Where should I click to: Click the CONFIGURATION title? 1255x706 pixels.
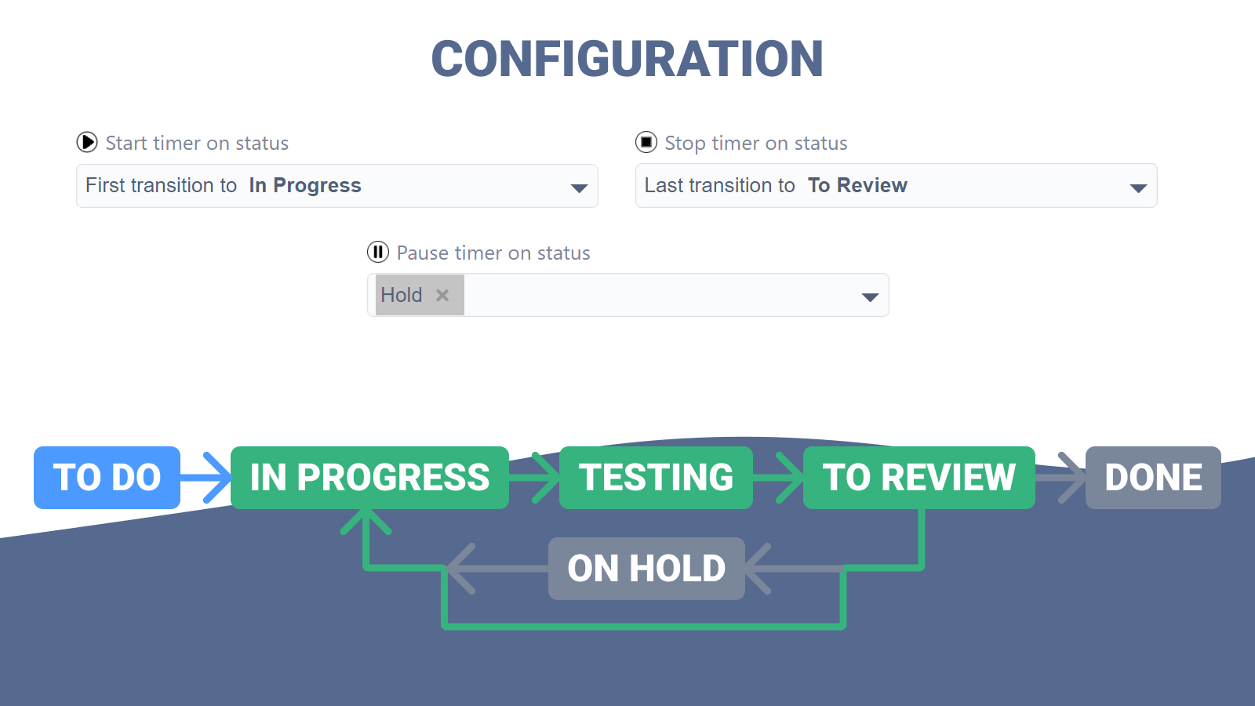627,59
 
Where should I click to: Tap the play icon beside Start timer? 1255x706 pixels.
87,142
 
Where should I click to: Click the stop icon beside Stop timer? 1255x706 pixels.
646,142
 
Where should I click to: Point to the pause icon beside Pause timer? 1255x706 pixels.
377,252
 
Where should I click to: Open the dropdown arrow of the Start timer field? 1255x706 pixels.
579,187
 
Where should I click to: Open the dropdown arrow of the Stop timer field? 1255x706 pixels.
1138,187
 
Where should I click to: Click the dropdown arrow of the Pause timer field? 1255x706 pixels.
870,297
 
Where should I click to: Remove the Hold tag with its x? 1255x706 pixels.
442,295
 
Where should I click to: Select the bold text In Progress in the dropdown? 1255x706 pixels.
305,185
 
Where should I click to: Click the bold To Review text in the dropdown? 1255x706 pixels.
857,185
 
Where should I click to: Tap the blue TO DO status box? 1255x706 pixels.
107,478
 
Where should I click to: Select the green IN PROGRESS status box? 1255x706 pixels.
369,478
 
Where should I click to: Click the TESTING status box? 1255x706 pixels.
656,478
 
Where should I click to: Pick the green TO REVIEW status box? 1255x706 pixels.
919,478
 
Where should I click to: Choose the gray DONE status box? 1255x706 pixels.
1153,478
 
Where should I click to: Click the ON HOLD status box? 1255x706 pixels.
646,568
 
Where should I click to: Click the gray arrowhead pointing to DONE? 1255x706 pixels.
1071,478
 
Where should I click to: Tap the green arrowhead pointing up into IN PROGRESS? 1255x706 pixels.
366,520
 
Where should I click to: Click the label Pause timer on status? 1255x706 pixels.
493,253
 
